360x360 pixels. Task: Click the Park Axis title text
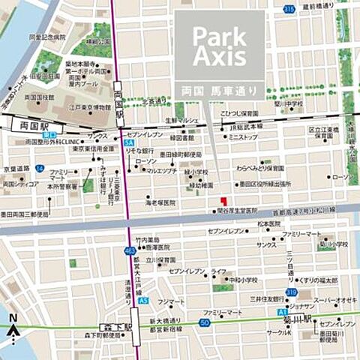coord(219,46)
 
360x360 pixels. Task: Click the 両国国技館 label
coord(39,97)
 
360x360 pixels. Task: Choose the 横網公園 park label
coord(97,42)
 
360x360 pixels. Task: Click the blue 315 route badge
coord(289,8)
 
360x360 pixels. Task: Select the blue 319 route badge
coord(290,292)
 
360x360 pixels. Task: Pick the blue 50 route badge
coord(204,322)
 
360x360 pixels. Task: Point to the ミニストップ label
coord(242,138)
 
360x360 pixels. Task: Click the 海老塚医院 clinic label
coord(160,202)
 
